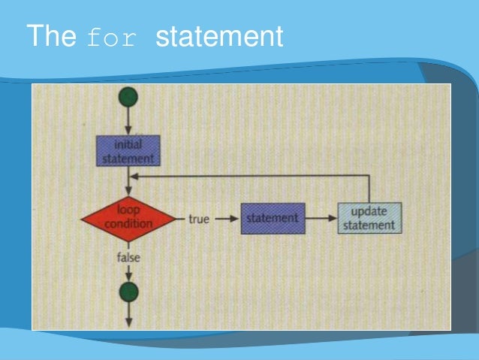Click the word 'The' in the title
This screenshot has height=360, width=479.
[x=51, y=35]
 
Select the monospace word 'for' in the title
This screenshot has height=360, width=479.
[x=113, y=38]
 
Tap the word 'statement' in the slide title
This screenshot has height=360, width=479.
[x=219, y=37]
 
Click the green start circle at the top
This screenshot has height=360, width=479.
[x=129, y=96]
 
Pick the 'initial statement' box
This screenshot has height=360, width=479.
[x=128, y=151]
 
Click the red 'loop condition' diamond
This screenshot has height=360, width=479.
[x=128, y=218]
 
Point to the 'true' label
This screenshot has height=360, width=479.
[x=198, y=219]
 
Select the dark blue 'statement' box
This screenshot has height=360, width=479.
[x=272, y=219]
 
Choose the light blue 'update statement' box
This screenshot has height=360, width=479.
[x=369, y=218]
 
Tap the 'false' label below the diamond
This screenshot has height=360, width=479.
[x=128, y=258]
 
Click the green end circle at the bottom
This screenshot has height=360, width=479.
[x=129, y=292]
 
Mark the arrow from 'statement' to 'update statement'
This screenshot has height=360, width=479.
[x=321, y=219]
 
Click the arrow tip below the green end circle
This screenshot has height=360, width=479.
[x=129, y=321]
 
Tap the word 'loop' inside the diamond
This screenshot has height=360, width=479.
[x=129, y=211]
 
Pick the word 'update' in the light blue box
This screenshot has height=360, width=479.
[x=369, y=211]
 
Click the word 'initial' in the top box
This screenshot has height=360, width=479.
[x=128, y=145]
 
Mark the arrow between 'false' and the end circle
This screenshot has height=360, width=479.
[x=129, y=274]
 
